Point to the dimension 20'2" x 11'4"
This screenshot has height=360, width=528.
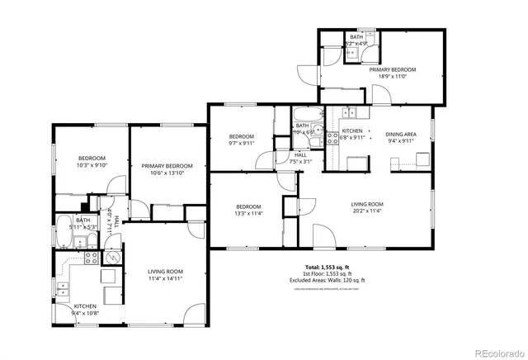tap(367, 211)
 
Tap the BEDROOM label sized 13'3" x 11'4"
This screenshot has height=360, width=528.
tap(248, 206)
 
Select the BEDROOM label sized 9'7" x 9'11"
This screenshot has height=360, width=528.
tap(241, 136)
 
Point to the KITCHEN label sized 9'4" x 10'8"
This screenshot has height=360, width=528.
tap(85, 306)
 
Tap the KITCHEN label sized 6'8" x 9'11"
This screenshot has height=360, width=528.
tap(352, 131)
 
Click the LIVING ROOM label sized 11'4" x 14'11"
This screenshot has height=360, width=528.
tap(165, 272)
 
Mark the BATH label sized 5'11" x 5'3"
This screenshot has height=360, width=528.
tap(83, 220)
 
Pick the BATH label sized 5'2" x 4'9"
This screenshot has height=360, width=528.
tap(356, 37)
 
